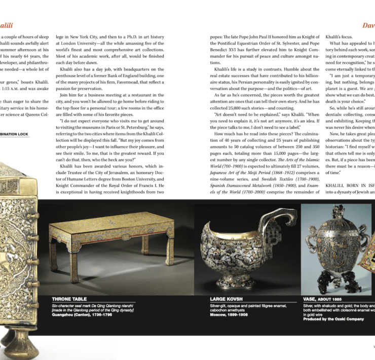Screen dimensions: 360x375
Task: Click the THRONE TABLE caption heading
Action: [69, 299]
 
